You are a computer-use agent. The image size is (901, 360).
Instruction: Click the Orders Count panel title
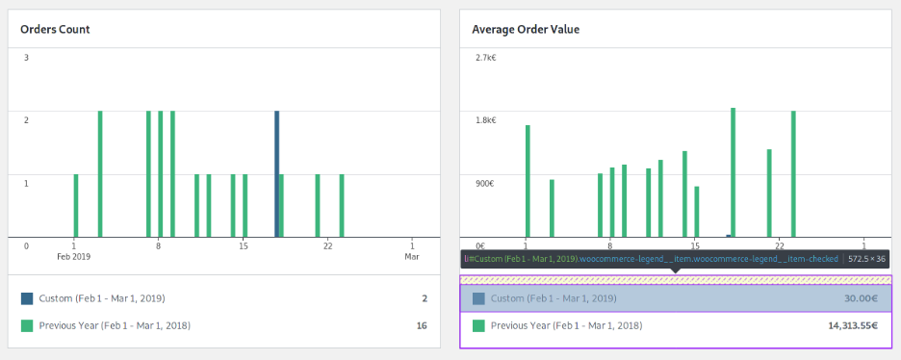coord(55,29)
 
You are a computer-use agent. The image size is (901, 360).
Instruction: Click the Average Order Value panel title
coord(526,29)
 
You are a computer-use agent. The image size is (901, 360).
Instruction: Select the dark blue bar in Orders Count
coord(277,173)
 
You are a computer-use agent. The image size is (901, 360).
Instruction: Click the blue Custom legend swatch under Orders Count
coord(27,298)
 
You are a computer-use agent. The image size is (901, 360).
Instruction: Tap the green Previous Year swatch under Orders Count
coord(27,326)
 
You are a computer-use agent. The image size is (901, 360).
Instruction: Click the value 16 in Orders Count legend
coord(422,326)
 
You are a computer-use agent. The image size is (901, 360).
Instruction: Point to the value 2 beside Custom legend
coord(424,298)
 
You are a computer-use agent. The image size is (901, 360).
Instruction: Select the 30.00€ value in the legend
coord(858,298)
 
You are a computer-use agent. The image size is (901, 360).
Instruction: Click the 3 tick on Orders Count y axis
coord(26,58)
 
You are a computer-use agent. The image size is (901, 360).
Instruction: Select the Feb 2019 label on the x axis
coord(74,257)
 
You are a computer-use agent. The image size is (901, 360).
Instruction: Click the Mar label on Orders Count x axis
coord(411,257)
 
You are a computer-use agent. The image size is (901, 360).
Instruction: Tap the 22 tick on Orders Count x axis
coord(328,245)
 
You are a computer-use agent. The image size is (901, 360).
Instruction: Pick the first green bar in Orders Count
coord(76,205)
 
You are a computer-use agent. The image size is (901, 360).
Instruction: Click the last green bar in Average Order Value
coord(793,173)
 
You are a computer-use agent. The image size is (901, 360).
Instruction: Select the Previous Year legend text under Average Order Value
coord(566,326)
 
